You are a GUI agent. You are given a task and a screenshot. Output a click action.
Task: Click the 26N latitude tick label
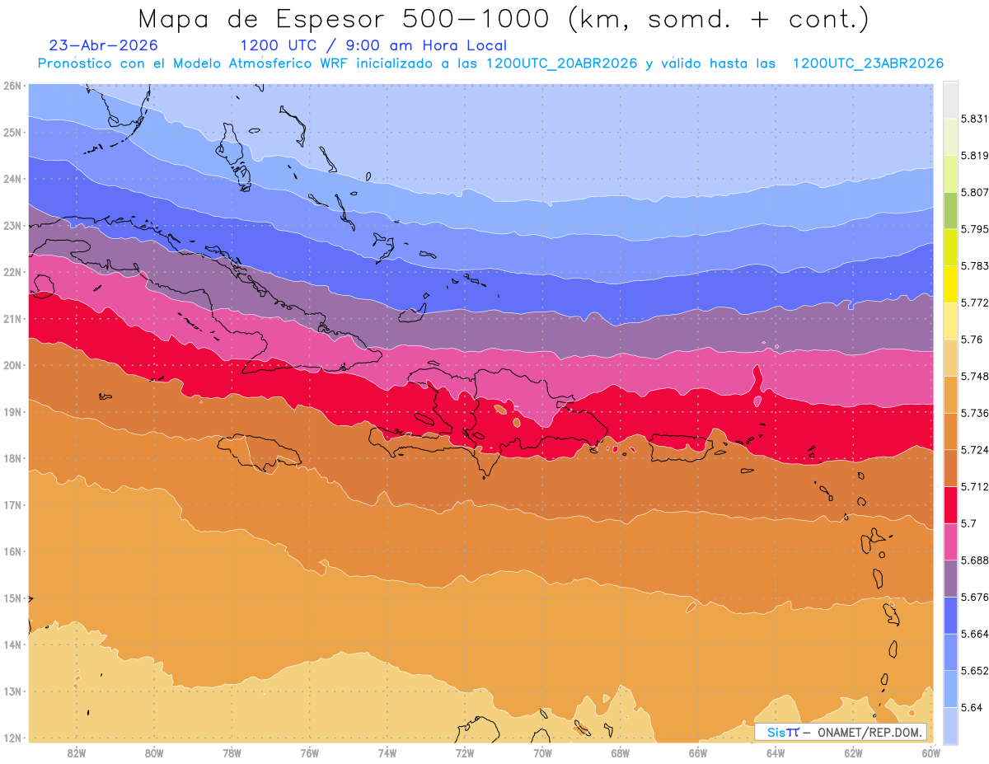[x=12, y=86]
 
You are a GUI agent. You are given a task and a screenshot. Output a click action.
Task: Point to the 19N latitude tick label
[x=12, y=412]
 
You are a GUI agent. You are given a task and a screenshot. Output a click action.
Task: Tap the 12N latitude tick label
[x=12, y=738]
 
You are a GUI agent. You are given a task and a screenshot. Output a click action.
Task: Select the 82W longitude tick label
[x=76, y=753]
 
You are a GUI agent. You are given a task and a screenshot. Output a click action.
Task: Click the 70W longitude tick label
[x=542, y=753]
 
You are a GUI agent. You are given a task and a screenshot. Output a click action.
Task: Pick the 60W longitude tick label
[x=930, y=753]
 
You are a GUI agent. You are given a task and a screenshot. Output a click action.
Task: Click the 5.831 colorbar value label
[x=974, y=119]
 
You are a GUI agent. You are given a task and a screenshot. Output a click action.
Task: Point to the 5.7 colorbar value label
[x=968, y=523]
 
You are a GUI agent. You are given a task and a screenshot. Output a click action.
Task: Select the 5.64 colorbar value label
[x=971, y=708]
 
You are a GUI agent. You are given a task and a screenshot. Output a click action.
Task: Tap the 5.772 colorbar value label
[x=974, y=302]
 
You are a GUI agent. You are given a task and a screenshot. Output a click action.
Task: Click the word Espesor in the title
[x=330, y=20]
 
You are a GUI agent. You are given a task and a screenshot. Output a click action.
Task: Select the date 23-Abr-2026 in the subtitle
[x=103, y=45]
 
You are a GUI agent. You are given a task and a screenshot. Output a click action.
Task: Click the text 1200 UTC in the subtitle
[x=278, y=45]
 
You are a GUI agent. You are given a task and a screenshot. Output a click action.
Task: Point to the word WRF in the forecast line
[x=334, y=63]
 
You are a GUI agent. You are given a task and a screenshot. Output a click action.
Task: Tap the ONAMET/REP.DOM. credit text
[x=869, y=733]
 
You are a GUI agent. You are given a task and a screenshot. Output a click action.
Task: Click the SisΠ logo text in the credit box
[x=782, y=733]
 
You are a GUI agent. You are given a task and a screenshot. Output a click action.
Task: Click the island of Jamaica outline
[x=260, y=452]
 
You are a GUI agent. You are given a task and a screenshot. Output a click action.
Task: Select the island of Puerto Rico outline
[x=682, y=448]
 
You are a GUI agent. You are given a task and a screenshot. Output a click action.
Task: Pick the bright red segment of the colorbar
[x=950, y=505]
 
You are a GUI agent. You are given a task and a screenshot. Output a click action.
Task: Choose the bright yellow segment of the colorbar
[x=950, y=284]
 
